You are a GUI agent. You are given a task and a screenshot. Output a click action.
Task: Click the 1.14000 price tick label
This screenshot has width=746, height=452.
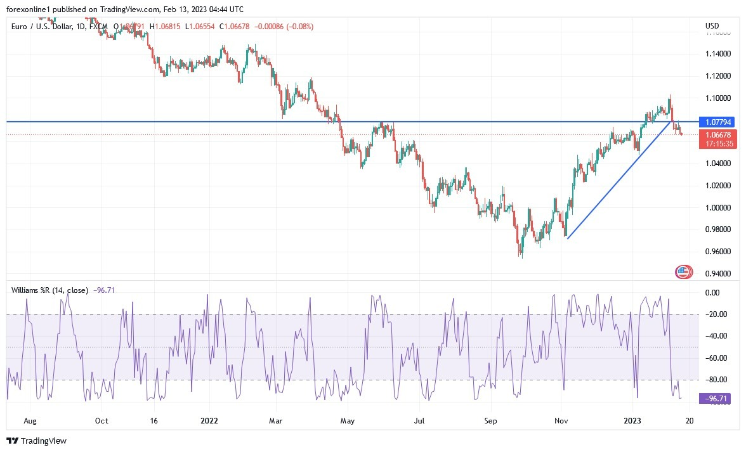717,54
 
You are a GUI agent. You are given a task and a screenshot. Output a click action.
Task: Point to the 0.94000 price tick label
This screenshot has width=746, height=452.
717,274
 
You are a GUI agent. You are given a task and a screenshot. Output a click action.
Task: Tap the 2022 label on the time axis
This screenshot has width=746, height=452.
209,420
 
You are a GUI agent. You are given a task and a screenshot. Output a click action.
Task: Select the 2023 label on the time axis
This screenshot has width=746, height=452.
633,420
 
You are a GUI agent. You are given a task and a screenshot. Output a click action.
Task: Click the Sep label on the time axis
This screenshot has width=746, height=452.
490,420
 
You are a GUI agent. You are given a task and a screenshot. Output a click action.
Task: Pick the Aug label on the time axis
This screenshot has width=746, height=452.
29,420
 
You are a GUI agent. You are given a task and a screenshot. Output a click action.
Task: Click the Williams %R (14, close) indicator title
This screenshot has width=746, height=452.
50,290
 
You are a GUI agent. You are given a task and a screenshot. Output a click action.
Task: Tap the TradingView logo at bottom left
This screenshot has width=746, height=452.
36,441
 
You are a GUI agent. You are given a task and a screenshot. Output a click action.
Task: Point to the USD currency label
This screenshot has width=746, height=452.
712,26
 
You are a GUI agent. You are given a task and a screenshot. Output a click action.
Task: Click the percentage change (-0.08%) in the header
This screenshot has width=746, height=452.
299,26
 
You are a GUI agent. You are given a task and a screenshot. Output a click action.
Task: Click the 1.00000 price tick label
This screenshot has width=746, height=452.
717,208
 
